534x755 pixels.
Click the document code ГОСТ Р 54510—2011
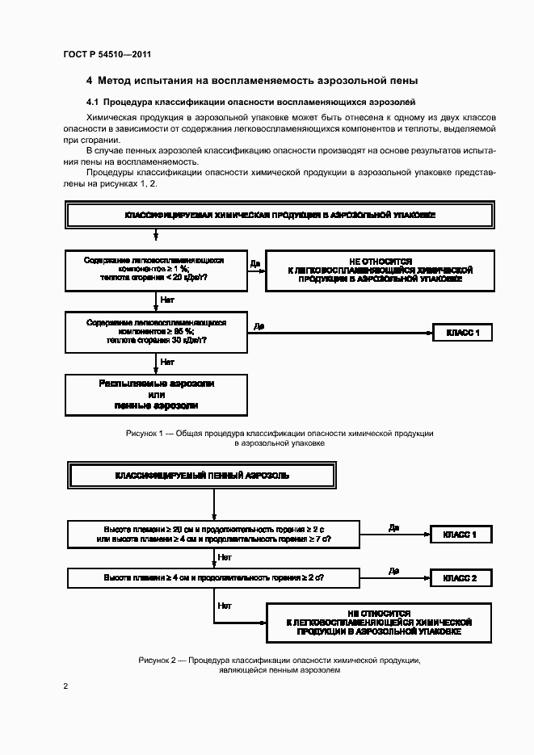coord(107,55)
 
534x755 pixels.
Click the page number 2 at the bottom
coord(65,686)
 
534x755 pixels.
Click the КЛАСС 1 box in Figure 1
coord(462,332)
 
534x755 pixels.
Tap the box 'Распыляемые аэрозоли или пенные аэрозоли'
coord(156,393)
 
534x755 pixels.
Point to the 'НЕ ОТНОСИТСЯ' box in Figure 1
coord(368,271)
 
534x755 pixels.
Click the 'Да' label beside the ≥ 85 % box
coord(259,325)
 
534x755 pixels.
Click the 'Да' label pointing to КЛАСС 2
coord(393,571)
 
